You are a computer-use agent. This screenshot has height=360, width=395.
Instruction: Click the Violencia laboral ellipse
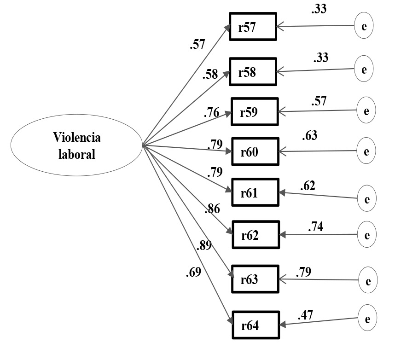[76, 145]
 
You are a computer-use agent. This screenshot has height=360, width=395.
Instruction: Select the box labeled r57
[253, 28]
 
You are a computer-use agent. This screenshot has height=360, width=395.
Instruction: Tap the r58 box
[253, 72]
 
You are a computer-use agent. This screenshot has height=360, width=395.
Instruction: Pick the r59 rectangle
[255, 111]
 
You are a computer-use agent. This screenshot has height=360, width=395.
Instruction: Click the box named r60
[256, 151]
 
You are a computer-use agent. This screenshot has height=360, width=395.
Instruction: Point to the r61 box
[256, 192]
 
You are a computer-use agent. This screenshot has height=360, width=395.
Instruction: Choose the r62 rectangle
[256, 235]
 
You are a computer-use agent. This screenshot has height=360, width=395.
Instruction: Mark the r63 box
[256, 279]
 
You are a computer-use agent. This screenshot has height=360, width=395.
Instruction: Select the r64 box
[256, 325]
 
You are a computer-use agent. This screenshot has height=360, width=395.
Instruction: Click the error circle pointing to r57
[364, 26]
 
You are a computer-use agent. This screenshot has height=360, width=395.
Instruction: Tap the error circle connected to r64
[367, 319]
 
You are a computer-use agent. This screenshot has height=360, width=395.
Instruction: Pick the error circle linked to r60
[366, 151]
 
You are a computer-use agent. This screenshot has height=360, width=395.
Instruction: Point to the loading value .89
[203, 246]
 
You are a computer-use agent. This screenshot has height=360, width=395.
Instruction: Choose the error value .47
[306, 316]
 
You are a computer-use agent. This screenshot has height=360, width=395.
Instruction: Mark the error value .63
[310, 136]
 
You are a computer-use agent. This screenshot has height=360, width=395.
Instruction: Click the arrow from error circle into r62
[318, 235]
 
